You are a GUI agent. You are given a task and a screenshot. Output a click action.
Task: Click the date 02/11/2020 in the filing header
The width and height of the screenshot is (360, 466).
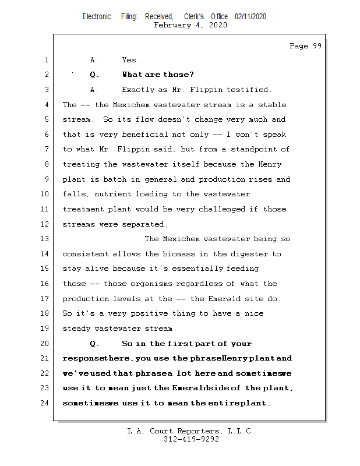pyautogui.click(x=250, y=17)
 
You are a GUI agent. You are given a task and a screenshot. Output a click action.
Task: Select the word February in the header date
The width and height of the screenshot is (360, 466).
pyautogui.click(x=172, y=25)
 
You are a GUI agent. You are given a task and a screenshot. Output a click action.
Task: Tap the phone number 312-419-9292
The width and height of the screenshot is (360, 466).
pyautogui.click(x=191, y=439)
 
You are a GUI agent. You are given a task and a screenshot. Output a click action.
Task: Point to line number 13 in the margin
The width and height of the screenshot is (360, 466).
pyautogui.click(x=45, y=239)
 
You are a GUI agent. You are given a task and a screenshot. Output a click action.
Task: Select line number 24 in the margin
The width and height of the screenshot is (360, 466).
pyautogui.click(x=45, y=403)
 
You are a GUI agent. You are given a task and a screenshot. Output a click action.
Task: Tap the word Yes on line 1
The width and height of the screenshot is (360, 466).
pyautogui.click(x=130, y=60)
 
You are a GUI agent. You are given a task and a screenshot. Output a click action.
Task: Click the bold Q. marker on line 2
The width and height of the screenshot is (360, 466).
pyautogui.click(x=95, y=75)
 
